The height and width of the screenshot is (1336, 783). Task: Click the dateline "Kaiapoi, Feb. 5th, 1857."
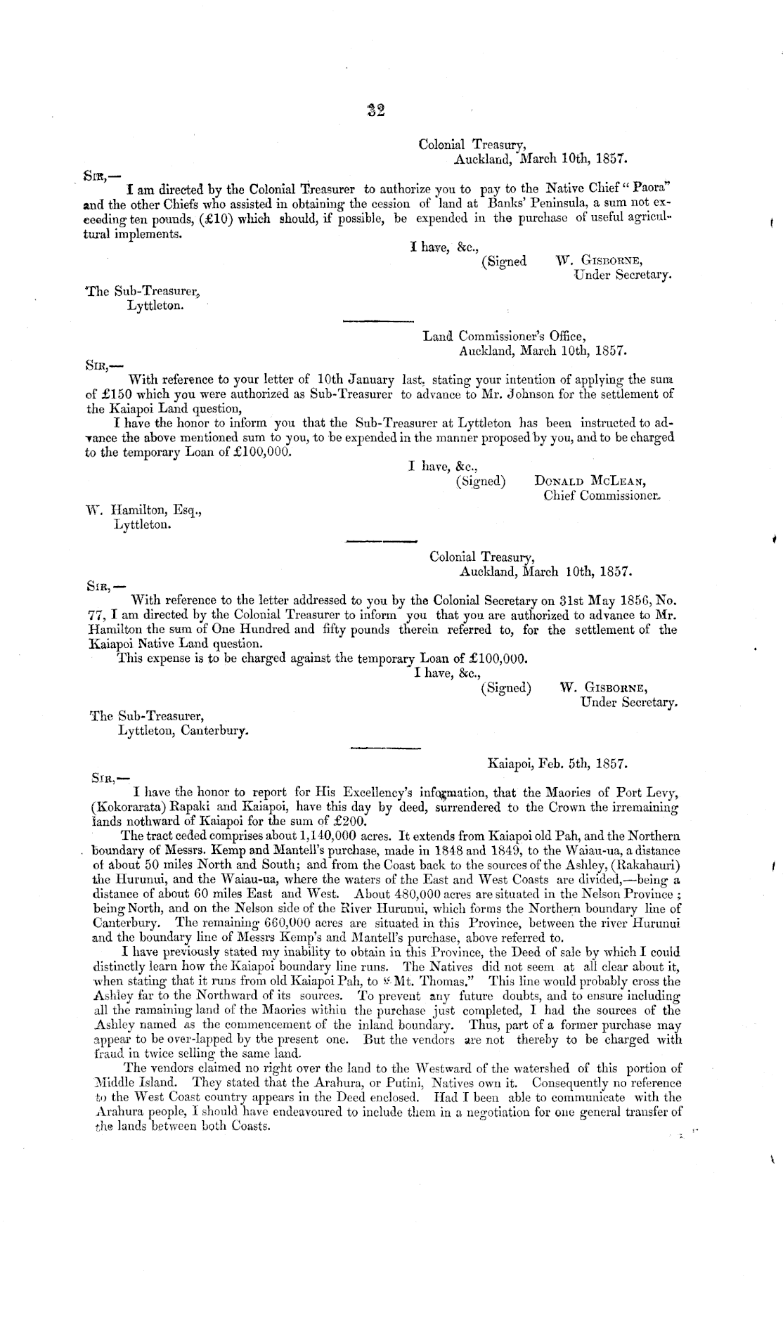558,761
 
